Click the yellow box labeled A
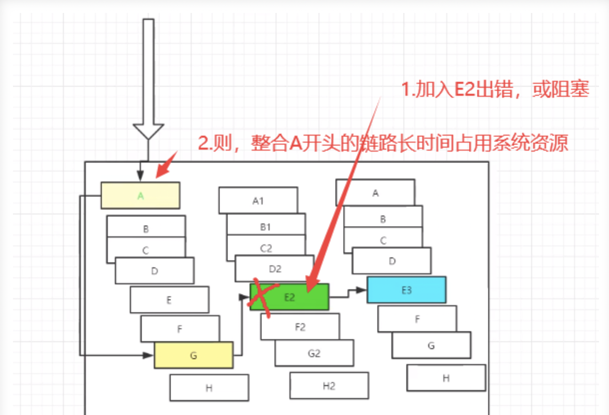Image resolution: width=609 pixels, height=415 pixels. [x=140, y=196]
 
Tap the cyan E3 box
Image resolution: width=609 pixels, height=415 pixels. [x=406, y=290]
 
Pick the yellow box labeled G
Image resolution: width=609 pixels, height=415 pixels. [x=194, y=355]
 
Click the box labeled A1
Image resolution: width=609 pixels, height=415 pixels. [x=258, y=201]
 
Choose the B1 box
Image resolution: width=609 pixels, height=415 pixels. [x=266, y=226]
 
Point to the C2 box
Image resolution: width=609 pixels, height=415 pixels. [x=266, y=247]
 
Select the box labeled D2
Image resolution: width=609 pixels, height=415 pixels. [x=275, y=268]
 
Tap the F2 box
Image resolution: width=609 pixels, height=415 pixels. [x=300, y=327]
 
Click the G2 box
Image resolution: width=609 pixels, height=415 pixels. [x=314, y=353]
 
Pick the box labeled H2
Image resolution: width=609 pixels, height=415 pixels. [x=329, y=386]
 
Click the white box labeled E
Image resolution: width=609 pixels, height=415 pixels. [x=169, y=300]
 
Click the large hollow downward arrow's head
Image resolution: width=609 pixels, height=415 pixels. [x=148, y=131]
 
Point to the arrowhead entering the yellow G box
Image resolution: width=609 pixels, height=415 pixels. [x=148, y=355]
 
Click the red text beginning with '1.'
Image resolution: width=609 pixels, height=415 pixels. [x=495, y=90]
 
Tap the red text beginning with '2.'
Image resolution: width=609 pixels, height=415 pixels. [x=383, y=144]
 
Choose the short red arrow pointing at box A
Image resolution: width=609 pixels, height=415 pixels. [x=167, y=165]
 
